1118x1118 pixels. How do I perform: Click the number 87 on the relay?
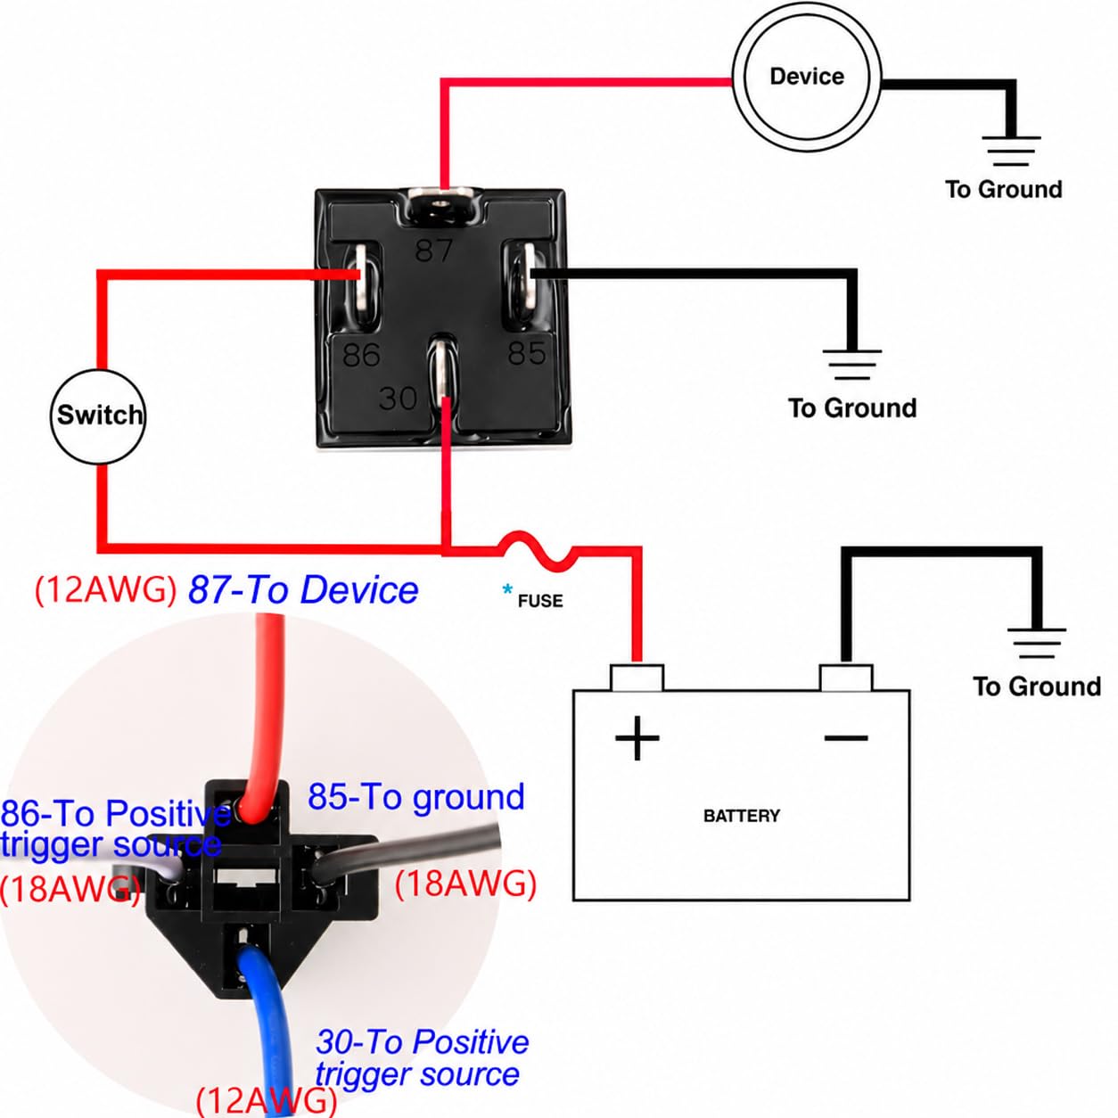[433, 251]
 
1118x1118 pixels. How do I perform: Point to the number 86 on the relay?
[361, 355]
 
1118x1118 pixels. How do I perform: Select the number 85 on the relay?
[527, 352]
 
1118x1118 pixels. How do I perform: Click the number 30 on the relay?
[398, 399]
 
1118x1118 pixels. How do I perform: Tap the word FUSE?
[539, 601]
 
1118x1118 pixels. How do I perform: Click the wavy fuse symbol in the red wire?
[538, 548]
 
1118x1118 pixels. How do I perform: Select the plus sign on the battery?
[637, 738]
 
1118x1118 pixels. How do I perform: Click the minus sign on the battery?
[845, 738]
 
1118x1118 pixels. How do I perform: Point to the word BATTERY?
[741, 816]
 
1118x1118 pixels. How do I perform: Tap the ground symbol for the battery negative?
[1036, 644]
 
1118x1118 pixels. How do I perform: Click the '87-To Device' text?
[303, 590]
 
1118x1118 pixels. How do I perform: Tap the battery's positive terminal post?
[637, 678]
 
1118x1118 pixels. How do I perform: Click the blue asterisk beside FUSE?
[507, 590]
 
